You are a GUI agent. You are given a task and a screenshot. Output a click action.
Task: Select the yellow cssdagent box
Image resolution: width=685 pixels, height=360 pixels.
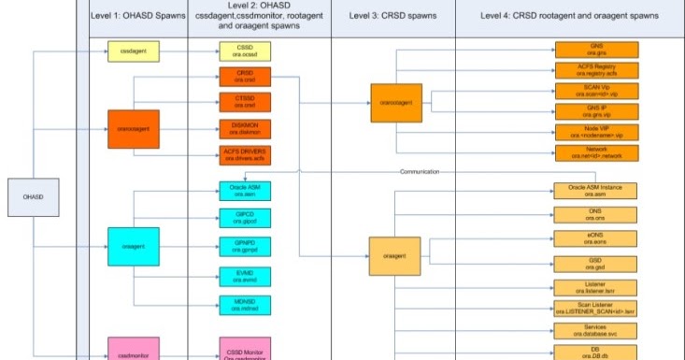[x=135, y=50]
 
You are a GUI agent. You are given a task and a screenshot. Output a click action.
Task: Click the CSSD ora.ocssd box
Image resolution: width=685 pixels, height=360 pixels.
[x=244, y=51]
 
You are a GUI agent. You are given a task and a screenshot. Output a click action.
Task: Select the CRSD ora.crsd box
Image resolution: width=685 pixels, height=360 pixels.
[x=244, y=77]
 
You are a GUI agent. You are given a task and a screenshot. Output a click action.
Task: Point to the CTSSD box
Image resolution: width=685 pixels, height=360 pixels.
[x=244, y=102]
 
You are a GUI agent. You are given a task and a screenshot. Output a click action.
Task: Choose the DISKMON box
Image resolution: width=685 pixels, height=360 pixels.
[x=244, y=128]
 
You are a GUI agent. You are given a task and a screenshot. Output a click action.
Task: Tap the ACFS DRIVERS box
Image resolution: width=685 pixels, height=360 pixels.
[x=244, y=153]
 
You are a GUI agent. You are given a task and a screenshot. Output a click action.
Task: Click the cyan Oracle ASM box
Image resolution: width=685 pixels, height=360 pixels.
[x=244, y=193]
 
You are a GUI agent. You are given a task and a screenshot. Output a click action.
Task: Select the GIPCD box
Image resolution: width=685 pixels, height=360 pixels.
[x=244, y=218]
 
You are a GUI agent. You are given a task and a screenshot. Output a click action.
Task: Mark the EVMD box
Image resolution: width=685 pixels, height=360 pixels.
[x=244, y=276]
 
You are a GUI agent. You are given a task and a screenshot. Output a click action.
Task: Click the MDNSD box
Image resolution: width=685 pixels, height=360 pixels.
[x=244, y=304]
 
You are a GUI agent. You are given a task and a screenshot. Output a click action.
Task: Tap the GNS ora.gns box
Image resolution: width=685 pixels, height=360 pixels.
[x=596, y=50]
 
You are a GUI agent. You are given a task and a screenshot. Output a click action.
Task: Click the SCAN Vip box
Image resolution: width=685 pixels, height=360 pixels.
[x=596, y=90]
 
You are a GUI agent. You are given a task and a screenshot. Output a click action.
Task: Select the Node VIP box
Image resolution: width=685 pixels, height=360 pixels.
[x=596, y=132]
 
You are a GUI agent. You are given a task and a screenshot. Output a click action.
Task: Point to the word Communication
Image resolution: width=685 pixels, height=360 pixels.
[x=419, y=172]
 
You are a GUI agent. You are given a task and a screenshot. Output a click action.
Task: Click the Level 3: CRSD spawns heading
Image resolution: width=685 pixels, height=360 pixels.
[x=393, y=17]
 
